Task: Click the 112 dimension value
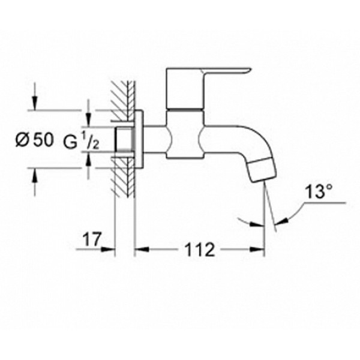coord(198,248)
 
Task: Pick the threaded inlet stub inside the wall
coord(124,139)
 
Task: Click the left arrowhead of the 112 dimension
coord(137,248)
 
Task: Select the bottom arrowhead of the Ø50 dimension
coord(34,174)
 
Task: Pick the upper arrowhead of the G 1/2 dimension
coord(89,122)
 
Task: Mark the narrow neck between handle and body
coord(184,111)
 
